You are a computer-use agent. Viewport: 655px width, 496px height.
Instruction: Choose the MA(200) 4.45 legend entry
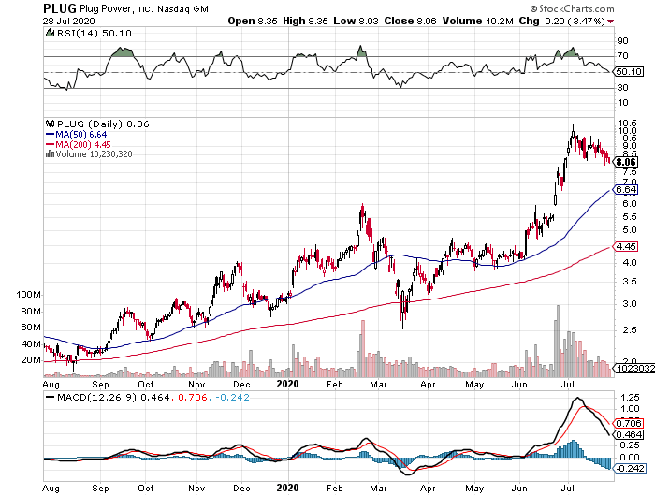tap(79, 144)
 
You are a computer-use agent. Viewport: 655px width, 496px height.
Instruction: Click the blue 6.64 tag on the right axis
tap(627, 191)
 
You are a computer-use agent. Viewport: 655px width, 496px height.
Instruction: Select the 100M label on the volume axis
tap(29, 294)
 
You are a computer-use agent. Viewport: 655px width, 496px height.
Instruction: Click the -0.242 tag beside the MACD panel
tap(629, 468)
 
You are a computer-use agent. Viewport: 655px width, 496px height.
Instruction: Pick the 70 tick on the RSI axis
tap(620, 57)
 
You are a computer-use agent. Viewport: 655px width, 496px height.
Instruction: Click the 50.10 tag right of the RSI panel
tap(628, 72)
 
